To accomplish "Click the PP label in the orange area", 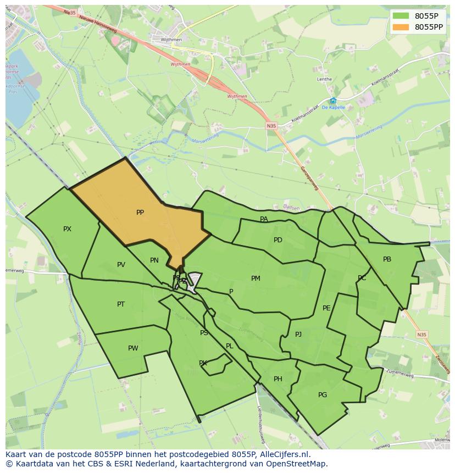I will click(140, 213).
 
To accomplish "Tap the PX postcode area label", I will click(67, 229).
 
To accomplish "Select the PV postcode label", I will click(121, 265).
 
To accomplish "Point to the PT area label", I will click(121, 304).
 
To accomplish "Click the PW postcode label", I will click(133, 348).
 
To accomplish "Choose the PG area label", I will click(323, 395).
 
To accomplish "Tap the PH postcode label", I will click(278, 379).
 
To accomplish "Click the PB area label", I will click(387, 259).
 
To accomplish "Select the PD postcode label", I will click(278, 240).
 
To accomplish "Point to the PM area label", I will click(256, 279).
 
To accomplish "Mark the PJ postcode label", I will click(298, 334).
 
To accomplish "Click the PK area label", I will click(203, 363).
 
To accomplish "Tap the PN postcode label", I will click(154, 260).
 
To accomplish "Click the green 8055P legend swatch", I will click(401, 16).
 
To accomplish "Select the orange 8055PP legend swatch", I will click(401, 27).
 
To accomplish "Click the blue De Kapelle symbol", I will click(333, 101).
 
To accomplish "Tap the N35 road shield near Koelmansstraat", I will click(271, 126).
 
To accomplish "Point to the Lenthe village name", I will click(324, 79).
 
